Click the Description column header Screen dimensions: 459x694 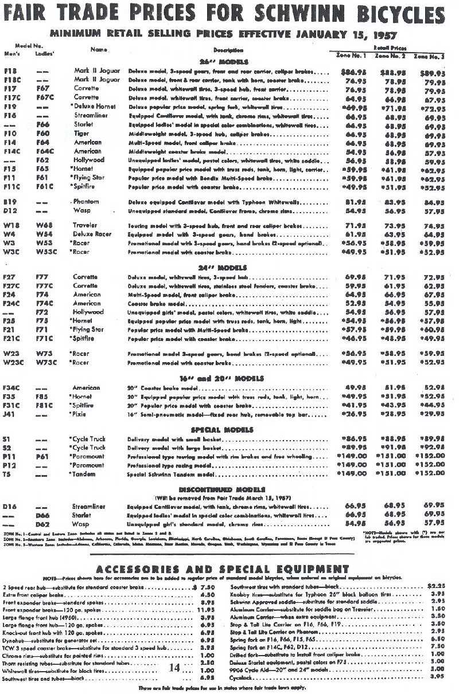[228, 51]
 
